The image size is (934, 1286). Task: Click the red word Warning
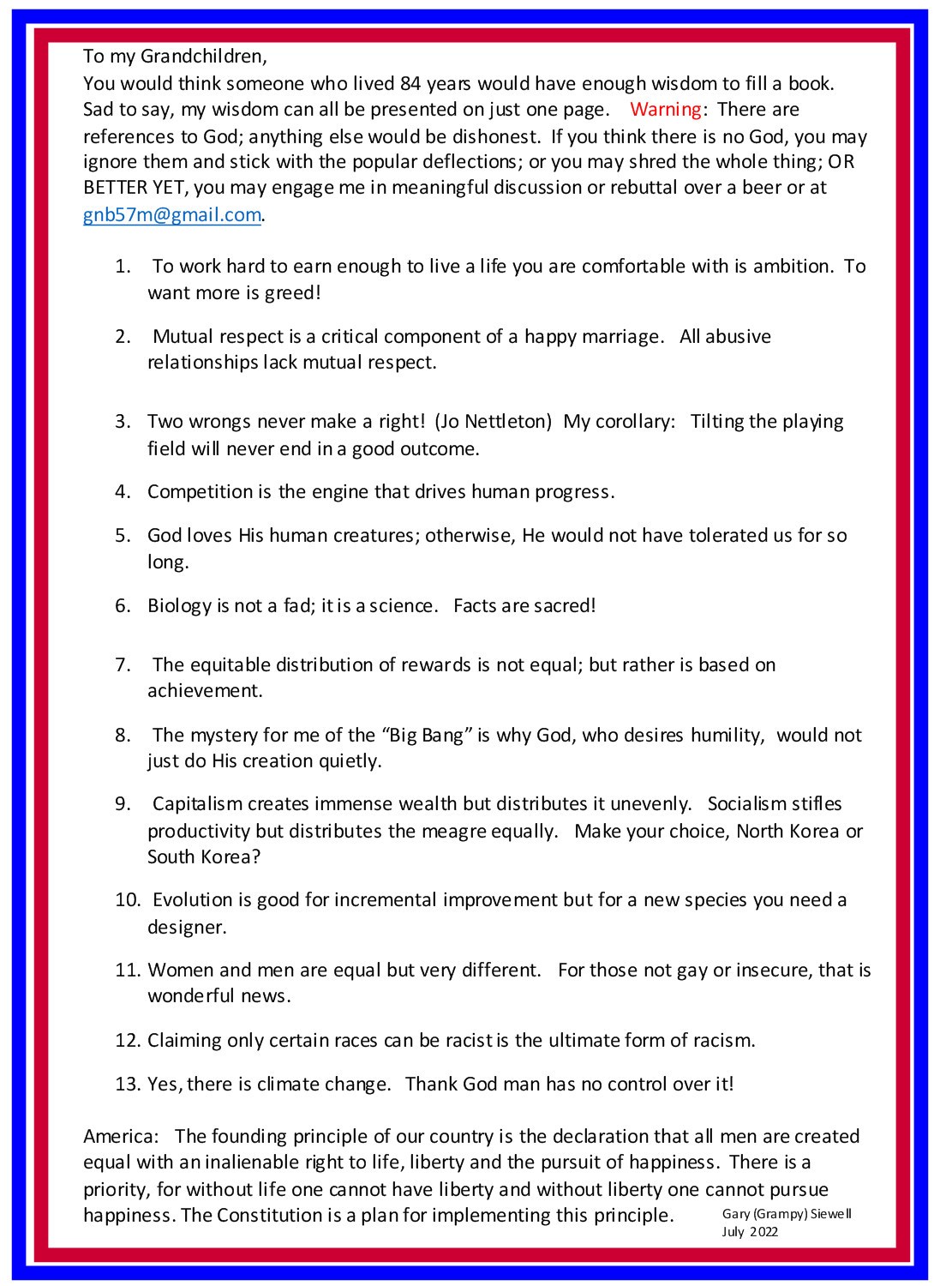click(665, 110)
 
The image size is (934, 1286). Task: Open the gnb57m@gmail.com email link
click(171, 214)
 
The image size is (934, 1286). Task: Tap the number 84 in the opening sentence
click(410, 83)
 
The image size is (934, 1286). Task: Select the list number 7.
click(122, 664)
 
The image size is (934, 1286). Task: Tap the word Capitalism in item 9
click(198, 804)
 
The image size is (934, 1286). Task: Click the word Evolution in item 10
click(194, 900)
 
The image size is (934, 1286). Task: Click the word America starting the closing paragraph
click(118, 1136)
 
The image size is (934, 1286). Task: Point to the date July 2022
click(750, 1232)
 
